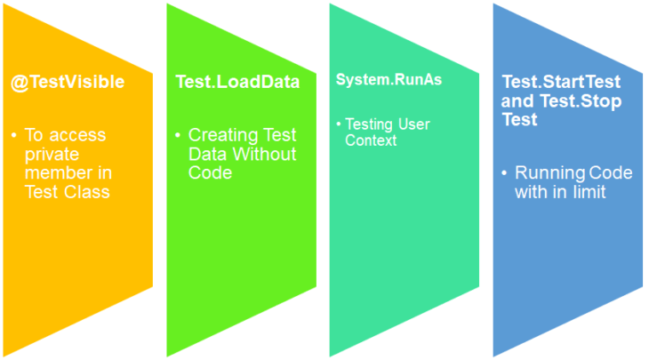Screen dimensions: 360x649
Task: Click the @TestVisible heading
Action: (68, 83)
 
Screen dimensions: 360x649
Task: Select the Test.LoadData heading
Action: (236, 83)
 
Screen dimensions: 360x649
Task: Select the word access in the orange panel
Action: (77, 135)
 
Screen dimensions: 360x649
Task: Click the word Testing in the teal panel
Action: (373, 124)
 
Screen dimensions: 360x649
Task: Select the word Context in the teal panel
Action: (371, 140)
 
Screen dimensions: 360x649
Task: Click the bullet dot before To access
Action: (14, 135)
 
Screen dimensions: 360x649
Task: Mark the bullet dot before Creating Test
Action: (178, 135)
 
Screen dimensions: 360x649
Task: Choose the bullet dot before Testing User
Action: (339, 124)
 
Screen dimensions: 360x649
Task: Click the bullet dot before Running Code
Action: (505, 172)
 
